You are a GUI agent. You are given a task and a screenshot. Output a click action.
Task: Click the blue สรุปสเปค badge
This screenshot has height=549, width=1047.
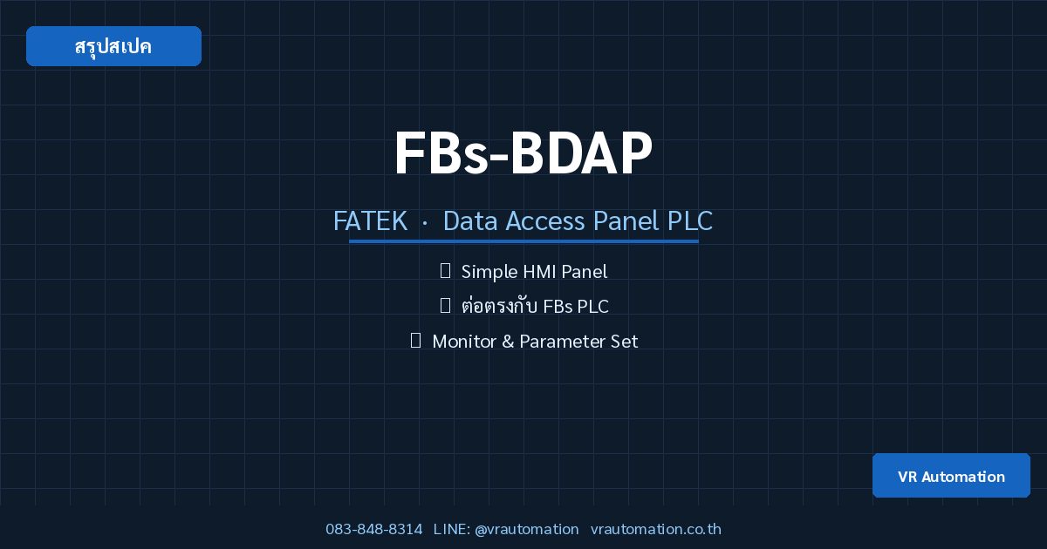point(113,46)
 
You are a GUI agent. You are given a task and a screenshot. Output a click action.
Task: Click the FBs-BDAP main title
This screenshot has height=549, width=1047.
point(523,152)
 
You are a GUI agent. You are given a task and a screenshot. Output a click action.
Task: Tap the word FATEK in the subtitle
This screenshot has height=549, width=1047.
point(370,220)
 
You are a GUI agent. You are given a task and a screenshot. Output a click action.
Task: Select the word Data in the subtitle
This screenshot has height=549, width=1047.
point(470,220)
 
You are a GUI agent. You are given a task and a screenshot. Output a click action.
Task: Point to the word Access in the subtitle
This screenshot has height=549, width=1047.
point(545,220)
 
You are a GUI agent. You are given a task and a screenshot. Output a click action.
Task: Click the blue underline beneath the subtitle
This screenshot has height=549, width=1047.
point(523,241)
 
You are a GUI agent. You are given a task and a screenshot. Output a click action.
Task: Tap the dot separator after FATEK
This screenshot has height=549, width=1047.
point(425,224)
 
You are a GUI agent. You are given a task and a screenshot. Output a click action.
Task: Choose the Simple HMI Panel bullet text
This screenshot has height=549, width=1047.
point(534,272)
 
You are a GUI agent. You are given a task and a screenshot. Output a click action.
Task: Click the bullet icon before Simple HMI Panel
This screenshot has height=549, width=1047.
point(446,271)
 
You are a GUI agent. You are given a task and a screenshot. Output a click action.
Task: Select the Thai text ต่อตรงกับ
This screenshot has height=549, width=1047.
point(499,306)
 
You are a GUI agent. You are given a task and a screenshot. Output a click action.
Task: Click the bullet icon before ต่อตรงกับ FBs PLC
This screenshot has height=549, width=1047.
point(446,306)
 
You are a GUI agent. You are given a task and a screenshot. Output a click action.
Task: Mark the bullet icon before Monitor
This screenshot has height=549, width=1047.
point(415,341)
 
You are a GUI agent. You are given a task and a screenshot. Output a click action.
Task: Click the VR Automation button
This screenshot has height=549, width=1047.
point(951,476)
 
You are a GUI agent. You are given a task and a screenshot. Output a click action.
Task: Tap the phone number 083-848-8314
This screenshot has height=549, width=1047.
point(374,529)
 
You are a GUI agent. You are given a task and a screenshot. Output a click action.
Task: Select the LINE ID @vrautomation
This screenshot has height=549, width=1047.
point(527,529)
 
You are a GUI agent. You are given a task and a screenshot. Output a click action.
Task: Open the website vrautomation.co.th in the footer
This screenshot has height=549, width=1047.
point(656,529)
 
